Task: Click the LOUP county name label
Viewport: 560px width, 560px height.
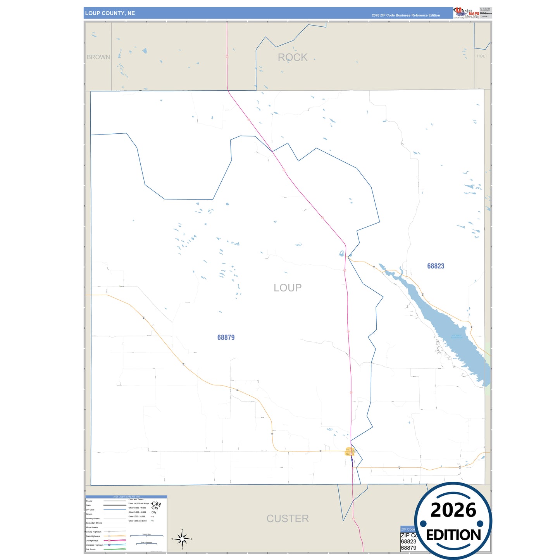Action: click(287, 288)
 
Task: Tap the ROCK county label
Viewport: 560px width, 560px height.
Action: click(292, 57)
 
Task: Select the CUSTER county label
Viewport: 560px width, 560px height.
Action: click(288, 518)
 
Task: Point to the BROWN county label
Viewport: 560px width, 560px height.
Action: click(98, 57)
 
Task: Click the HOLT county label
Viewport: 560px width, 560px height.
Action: click(482, 56)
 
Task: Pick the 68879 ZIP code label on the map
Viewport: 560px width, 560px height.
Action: click(226, 337)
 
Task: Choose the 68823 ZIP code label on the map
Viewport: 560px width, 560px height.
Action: click(436, 266)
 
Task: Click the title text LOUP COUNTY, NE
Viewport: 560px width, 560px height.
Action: click(110, 13)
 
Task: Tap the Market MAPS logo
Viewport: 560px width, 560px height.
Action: click(466, 13)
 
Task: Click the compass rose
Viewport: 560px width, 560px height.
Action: click(182, 539)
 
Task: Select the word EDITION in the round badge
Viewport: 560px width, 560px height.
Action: click(453, 535)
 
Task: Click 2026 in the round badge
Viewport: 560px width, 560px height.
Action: click(453, 510)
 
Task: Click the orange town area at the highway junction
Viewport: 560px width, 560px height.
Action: click(350, 451)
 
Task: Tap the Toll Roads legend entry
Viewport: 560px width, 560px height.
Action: click(91, 549)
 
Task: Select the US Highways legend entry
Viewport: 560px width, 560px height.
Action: click(92, 541)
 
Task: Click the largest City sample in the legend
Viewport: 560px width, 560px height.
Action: click(156, 504)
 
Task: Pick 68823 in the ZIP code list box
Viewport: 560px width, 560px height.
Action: click(408, 541)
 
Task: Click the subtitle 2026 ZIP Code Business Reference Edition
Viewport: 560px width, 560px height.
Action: click(406, 16)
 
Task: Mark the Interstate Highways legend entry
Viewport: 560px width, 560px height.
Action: click(95, 545)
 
